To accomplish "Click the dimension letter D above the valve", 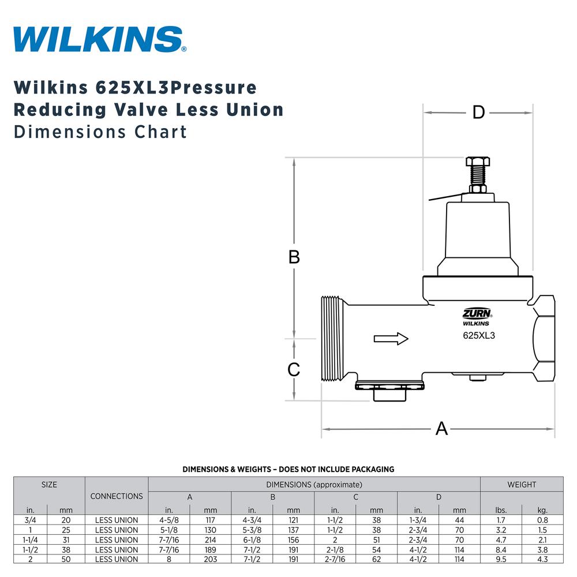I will (478, 113).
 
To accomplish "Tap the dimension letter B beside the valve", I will (294, 257).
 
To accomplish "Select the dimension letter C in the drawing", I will (294, 369).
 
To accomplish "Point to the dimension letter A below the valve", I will (441, 429).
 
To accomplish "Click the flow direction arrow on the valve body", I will (391, 339).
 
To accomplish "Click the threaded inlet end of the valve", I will (332, 339).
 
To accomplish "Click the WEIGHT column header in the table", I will (522, 485).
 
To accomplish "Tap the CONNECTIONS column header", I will (117, 496).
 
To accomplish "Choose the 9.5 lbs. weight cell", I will (500, 559).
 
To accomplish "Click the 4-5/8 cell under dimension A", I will (169, 520).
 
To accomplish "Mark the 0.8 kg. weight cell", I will (542, 520).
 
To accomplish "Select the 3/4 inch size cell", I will (30, 520).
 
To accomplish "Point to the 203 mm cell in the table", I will (211, 559).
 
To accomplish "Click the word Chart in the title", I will (162, 132).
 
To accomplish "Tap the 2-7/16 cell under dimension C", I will (335, 559).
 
